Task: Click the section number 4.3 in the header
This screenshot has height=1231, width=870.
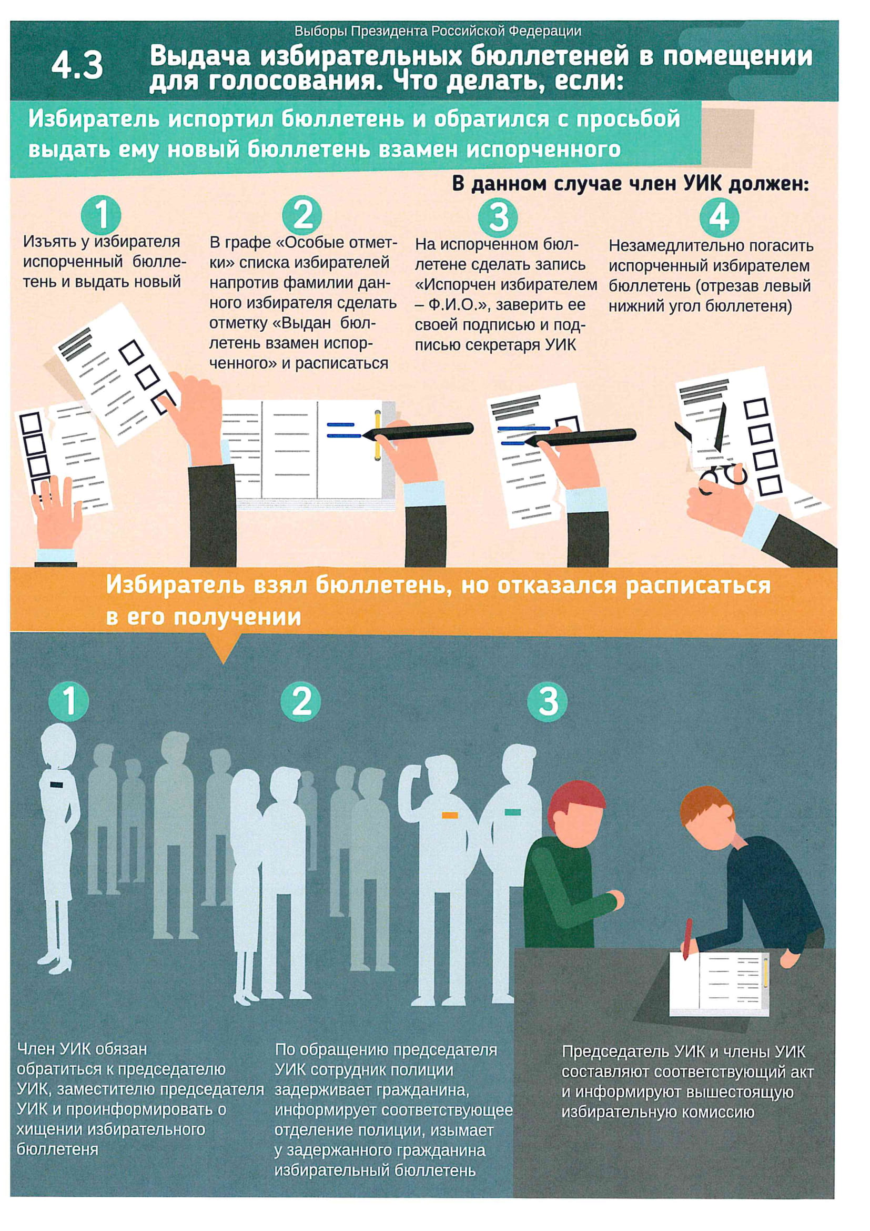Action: pyautogui.click(x=78, y=66)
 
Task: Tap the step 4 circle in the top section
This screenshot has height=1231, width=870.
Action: pyautogui.click(x=719, y=217)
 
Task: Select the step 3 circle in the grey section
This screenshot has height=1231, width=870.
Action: pyautogui.click(x=547, y=701)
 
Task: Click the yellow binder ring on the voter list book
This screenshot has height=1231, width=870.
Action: pyautogui.click(x=378, y=434)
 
